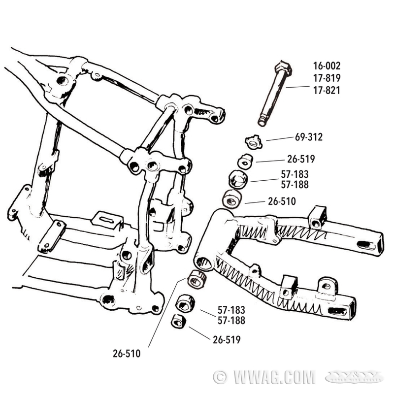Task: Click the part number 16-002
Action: pos(327,66)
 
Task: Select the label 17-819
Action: pos(327,78)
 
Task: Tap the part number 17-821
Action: pos(327,90)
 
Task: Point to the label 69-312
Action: pos(308,137)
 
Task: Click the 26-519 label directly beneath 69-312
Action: pos(300,159)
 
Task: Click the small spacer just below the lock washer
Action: pos(246,162)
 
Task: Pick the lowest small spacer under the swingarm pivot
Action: pos(178,322)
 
